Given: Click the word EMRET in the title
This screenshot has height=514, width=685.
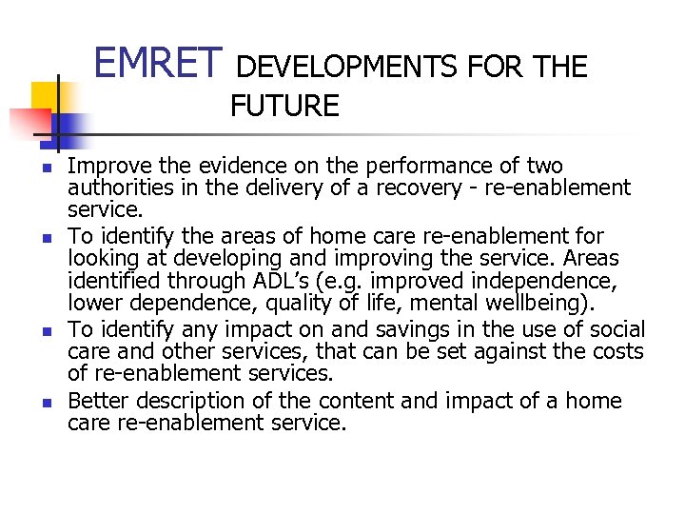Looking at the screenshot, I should (x=158, y=63).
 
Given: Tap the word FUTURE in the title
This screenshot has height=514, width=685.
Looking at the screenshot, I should (x=284, y=106).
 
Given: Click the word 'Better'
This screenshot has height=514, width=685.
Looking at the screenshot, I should (x=101, y=401).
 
